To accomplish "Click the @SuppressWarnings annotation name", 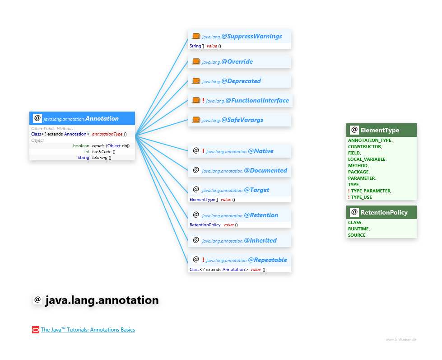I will (x=251, y=36).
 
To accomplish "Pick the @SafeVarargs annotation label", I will (x=242, y=120).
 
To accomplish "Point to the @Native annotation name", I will (x=261, y=151).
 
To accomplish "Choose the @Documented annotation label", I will (x=265, y=170).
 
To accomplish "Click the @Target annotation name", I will (x=256, y=190).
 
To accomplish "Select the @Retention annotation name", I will (x=261, y=215).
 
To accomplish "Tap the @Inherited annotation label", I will (x=260, y=240).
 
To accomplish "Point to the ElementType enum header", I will (x=380, y=130).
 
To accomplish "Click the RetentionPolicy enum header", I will (x=384, y=212).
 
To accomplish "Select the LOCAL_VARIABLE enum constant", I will (x=367, y=159).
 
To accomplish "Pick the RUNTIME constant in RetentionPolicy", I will (x=358, y=229).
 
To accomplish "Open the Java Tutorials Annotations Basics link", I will (x=88, y=330).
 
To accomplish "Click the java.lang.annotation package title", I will (x=102, y=300).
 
